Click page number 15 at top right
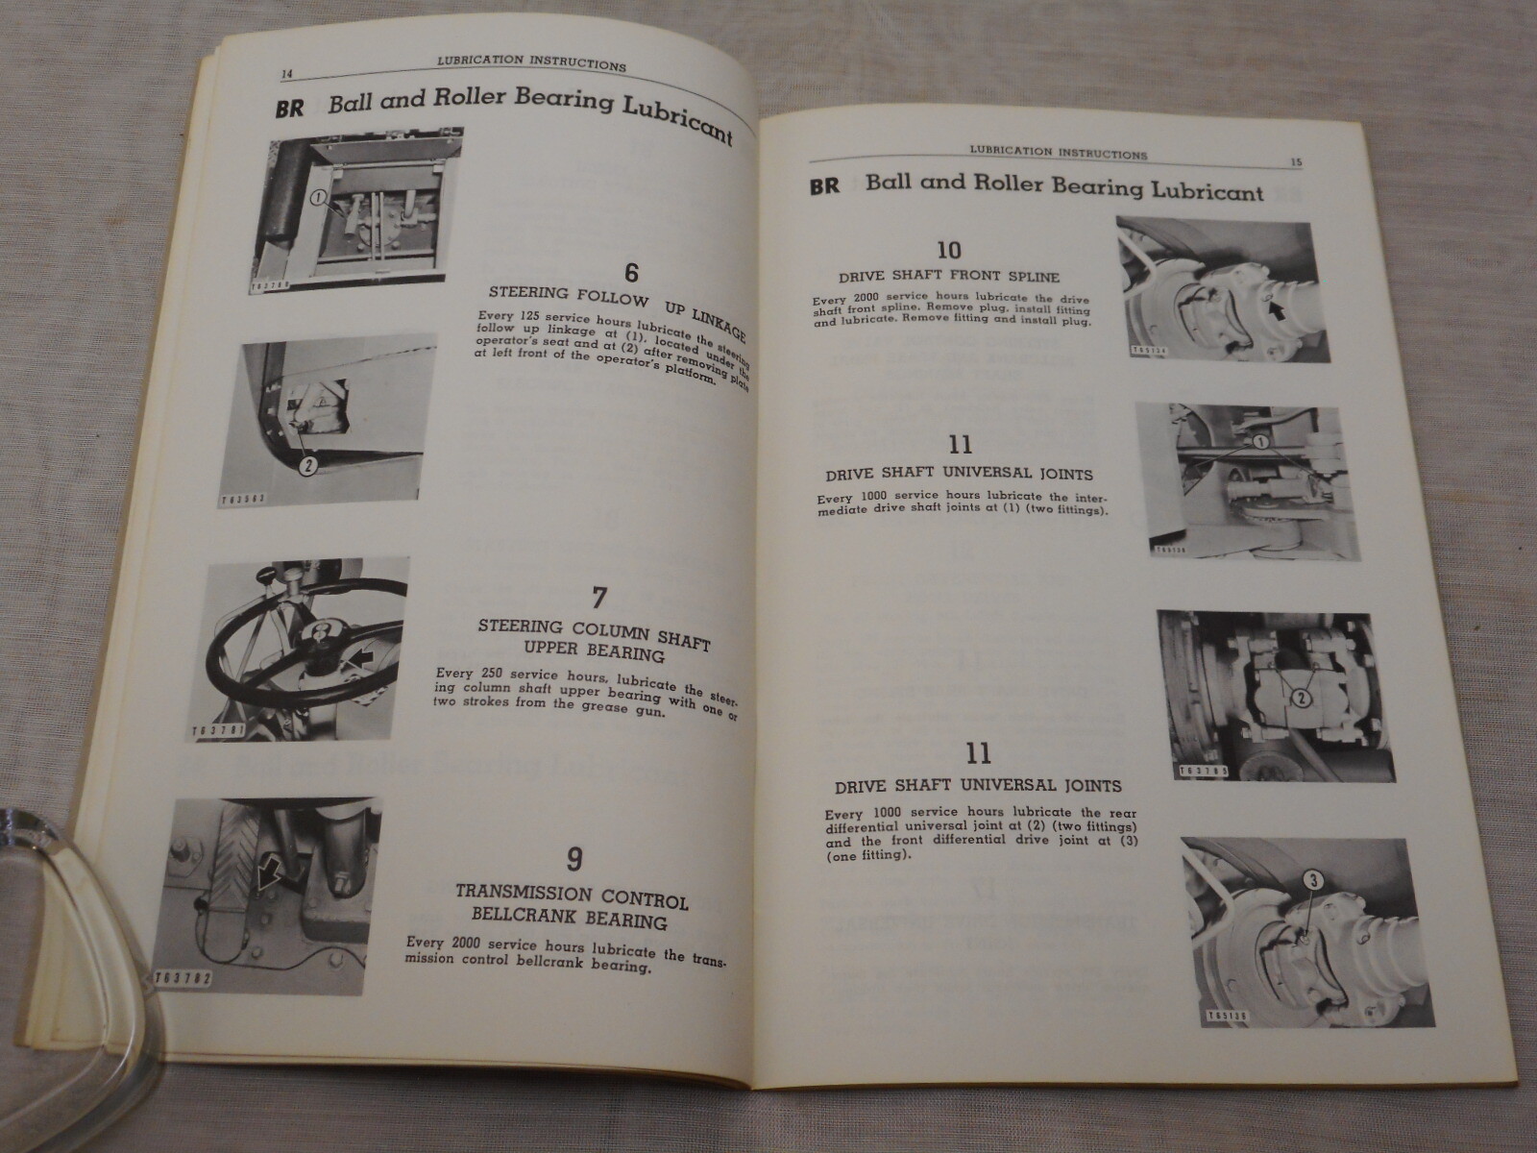[1295, 162]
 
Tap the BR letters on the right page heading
[824, 186]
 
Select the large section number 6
[630, 273]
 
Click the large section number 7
[598, 598]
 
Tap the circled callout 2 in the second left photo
[308, 466]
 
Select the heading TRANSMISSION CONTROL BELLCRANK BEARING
[571, 911]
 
